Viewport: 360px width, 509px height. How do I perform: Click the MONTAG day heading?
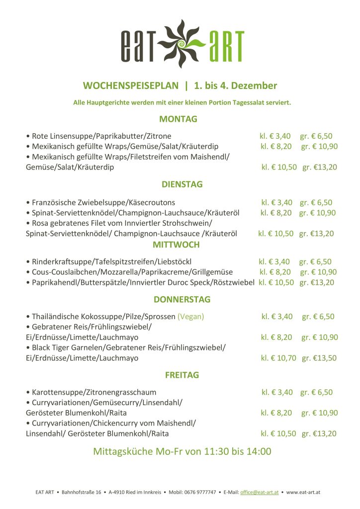pos(179,119)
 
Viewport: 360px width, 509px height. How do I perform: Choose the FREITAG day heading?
pos(181,375)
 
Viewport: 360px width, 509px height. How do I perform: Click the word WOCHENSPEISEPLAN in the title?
pos(131,85)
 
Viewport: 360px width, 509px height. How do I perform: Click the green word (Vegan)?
pos(191,316)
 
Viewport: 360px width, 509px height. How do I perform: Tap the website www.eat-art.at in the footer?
pos(303,492)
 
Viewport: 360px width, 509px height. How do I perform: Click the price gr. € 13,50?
pos(319,358)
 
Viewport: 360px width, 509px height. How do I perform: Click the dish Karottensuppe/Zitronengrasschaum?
pos(94,392)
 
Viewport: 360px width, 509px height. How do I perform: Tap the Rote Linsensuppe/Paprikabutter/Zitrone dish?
pos(101,136)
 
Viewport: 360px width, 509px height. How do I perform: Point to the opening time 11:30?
pos(217,452)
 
